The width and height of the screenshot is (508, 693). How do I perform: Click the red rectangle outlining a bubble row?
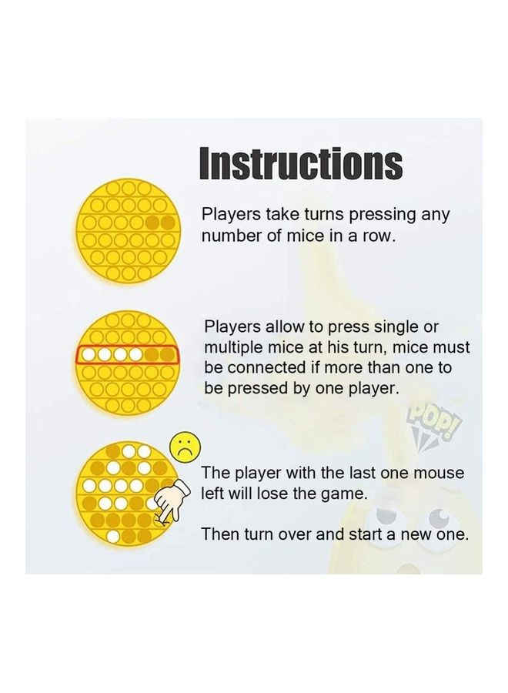pos(128,355)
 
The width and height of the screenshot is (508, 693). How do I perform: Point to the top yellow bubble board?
pos(129,229)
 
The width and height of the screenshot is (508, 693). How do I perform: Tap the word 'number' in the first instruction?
pos(232,236)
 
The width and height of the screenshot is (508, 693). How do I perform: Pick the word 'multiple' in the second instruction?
pos(234,348)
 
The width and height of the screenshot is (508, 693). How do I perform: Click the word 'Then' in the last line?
pos(219,534)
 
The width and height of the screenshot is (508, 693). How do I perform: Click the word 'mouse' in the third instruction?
pos(437,473)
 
